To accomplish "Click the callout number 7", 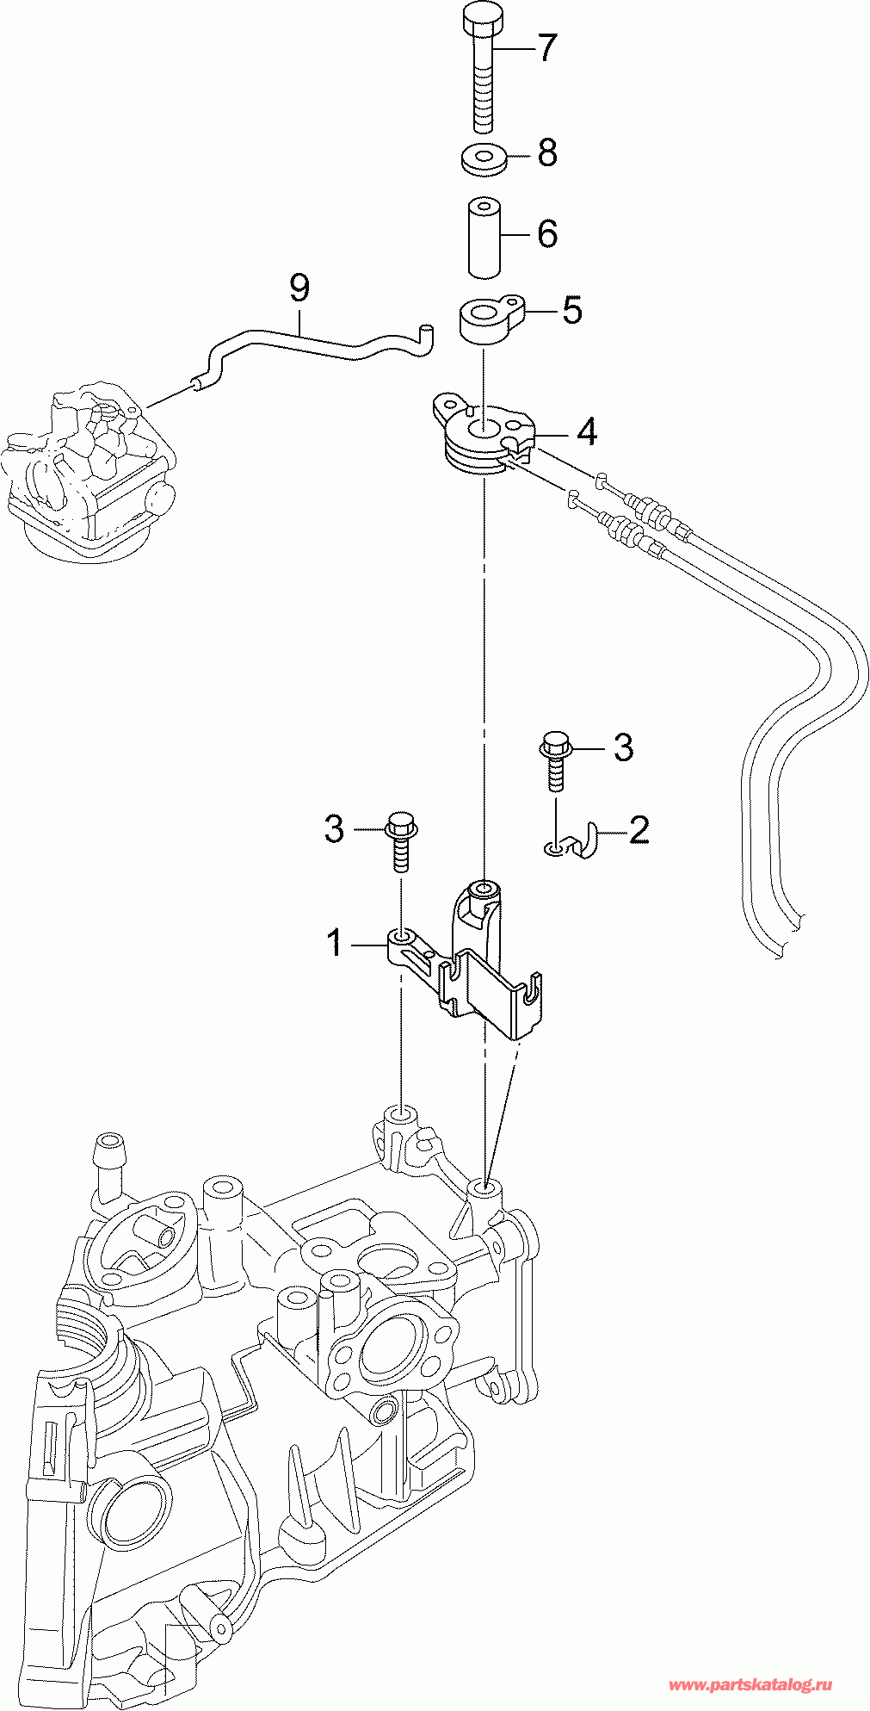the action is point(548,48).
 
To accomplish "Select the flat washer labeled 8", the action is point(483,160).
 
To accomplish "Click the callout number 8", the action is point(547,153).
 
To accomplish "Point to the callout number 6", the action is point(547,234).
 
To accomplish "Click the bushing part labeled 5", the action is point(490,321).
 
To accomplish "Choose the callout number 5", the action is point(572,310).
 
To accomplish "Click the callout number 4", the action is point(587,431).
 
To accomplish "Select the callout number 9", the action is point(299,287).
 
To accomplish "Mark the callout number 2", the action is point(639,830).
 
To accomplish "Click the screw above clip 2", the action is point(554,759).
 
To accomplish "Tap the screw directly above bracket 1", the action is point(402,840).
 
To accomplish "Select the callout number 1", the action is point(335,943).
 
